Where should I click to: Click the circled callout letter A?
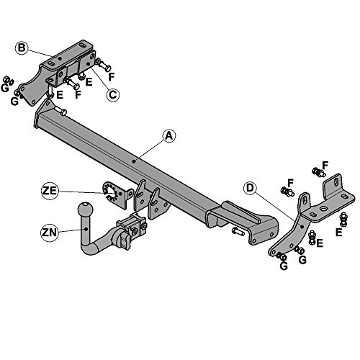coord(169,136)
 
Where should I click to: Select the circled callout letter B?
coord(22,48)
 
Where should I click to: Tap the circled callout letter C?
coord(112,94)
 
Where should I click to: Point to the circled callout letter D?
coord(250,188)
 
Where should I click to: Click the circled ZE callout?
coord(50,191)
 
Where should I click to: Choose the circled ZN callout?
coord(49,233)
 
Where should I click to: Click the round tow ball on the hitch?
coord(85,210)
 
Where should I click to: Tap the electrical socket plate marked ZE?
coord(117,194)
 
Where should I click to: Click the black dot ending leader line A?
coord(134,161)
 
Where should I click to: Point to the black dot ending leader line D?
coord(302,227)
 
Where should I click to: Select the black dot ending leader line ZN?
coord(86,229)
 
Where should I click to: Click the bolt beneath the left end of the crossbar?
coord(60,111)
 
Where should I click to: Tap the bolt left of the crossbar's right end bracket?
coord(238,232)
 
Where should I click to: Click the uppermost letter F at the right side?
coord(325,166)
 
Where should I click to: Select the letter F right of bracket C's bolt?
coord(111,77)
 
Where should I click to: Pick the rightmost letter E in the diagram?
coord(338,233)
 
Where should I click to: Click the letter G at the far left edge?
coord(4,88)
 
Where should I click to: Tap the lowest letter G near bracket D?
coord(284,266)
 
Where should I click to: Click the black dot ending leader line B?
coord(60,58)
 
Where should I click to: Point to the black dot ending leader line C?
coord(89,63)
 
